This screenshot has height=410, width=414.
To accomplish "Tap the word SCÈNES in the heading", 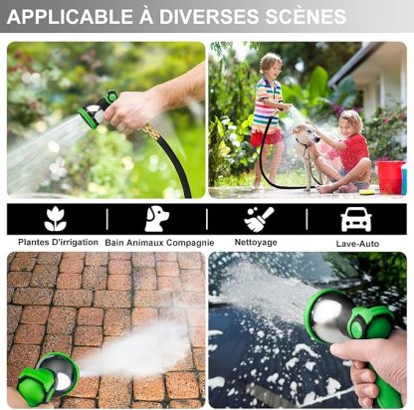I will pyautogui.click(x=303, y=17).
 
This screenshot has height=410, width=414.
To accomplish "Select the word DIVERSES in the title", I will pyautogui.click(x=201, y=17).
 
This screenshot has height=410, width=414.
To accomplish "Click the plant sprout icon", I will pyautogui.click(x=56, y=219).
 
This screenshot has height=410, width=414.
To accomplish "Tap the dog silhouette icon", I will pyautogui.click(x=156, y=219).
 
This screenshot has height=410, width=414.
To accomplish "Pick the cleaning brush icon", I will pyautogui.click(x=259, y=219).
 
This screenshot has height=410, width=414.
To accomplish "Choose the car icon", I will pyautogui.click(x=355, y=219).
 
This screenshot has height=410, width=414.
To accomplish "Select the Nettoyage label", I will pyautogui.click(x=257, y=242).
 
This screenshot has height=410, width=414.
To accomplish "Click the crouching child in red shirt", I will pyautogui.click(x=350, y=149).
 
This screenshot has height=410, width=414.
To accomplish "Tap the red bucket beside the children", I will pyautogui.click(x=390, y=176).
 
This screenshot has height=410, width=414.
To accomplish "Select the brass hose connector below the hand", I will pyautogui.click(x=149, y=132).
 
